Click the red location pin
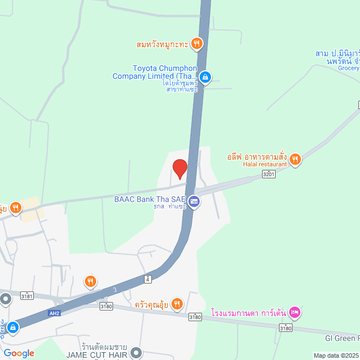coord(179,168)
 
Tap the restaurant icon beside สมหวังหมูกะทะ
coord(196,43)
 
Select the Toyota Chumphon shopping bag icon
coord(206,76)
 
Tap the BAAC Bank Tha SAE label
coord(149,199)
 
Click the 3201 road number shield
coord(269,175)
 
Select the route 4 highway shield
coord(147,278)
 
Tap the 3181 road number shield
coord(26,295)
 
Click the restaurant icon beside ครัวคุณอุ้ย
coord(177,304)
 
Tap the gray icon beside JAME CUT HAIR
coord(136,353)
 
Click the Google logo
coord(18,353)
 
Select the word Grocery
coord(348,68)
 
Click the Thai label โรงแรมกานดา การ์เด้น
coord(249,312)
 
